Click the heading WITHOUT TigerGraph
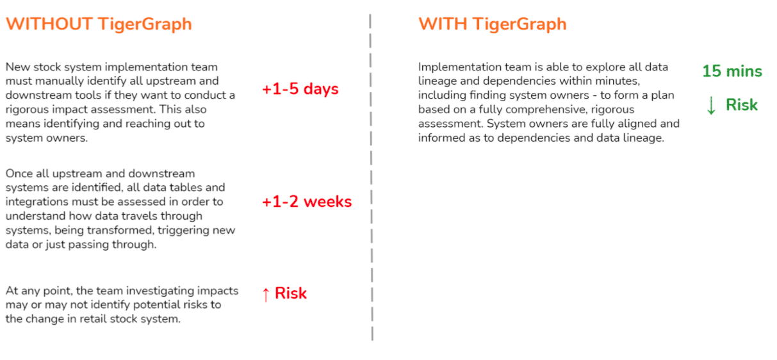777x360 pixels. (x=99, y=24)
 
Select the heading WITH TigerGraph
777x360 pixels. (x=493, y=24)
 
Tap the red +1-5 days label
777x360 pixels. (x=300, y=90)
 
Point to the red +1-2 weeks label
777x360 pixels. (x=307, y=202)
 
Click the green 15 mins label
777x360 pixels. (x=732, y=71)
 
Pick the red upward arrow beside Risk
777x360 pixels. (x=266, y=295)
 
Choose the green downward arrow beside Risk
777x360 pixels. (x=711, y=106)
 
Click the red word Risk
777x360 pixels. (x=291, y=293)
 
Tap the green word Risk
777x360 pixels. (x=742, y=105)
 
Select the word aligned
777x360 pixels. (x=641, y=124)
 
